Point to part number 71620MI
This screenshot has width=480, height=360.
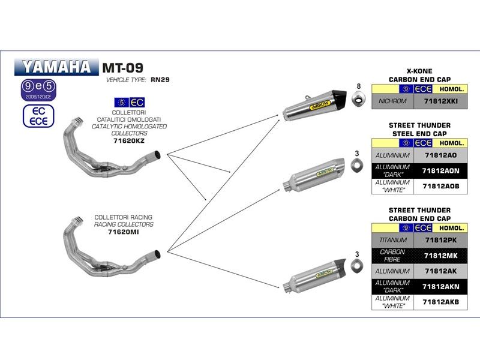pos(124,232)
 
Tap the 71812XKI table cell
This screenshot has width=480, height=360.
pos(440,101)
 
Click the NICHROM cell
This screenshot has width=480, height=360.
pos(394,101)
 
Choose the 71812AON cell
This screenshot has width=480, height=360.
pos(440,170)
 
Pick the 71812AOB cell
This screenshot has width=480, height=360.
pos(440,186)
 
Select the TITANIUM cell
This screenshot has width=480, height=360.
pos(393,239)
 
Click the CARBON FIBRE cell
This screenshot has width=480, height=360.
pos(393,255)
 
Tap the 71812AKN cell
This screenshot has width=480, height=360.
pos(440,286)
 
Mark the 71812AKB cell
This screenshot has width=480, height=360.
pos(440,302)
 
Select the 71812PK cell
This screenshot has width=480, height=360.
pos(440,239)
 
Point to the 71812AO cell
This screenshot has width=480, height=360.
pos(440,155)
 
